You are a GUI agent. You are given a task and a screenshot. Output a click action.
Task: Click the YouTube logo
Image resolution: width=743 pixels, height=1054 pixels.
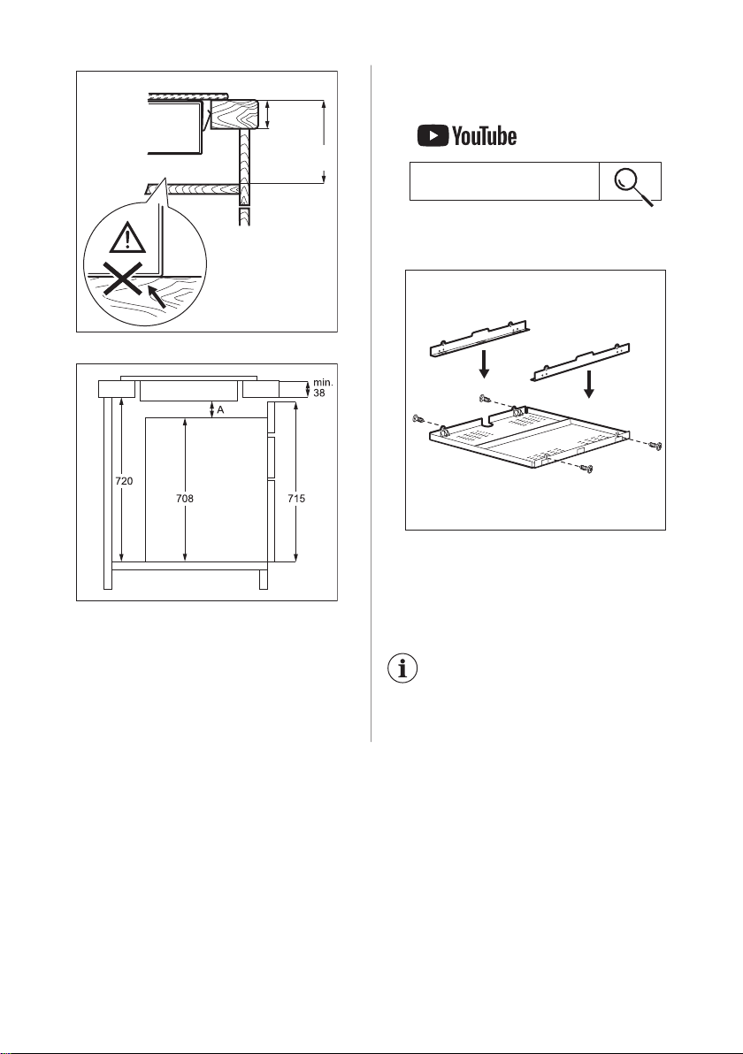[x=467, y=136]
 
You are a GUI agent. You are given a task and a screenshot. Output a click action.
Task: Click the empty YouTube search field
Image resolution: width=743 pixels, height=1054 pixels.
[x=504, y=180]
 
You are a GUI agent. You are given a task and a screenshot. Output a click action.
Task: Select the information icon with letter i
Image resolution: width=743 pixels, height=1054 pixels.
[x=402, y=668]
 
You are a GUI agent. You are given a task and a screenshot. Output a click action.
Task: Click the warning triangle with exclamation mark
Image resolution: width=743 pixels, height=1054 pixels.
[x=127, y=238]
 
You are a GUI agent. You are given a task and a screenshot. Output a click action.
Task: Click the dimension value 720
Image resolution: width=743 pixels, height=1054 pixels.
[x=124, y=481]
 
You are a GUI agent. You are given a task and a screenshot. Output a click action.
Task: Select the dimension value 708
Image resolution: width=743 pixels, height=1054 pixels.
[x=184, y=498]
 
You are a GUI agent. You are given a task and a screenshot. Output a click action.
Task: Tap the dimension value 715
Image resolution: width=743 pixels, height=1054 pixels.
[x=295, y=498]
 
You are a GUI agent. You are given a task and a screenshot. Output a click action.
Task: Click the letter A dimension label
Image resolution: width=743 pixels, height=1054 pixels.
[x=220, y=410]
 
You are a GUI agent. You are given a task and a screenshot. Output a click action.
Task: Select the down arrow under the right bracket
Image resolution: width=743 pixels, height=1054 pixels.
[x=590, y=383]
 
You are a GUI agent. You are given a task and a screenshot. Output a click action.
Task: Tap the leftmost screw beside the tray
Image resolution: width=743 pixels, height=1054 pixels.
[x=417, y=419]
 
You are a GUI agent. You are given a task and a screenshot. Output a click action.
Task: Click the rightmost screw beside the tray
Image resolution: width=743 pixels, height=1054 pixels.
[x=657, y=445]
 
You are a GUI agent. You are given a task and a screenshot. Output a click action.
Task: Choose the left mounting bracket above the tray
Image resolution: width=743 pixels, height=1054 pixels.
[x=481, y=338]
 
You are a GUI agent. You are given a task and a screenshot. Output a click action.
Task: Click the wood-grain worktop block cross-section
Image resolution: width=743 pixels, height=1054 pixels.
[x=233, y=113]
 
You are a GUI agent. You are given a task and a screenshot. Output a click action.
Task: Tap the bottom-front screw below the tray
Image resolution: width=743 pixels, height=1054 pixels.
[x=587, y=468]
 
